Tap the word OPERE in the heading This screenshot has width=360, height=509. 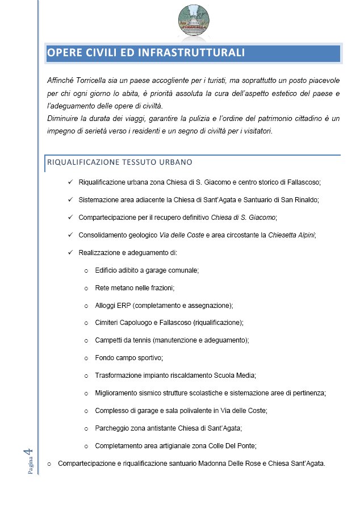[64, 53]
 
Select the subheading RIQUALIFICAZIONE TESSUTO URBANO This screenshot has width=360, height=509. [120, 162]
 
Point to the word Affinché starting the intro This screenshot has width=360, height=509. [61, 81]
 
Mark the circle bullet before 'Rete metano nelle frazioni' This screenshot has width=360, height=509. [86, 288]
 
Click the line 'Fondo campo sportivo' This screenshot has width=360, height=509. [129, 358]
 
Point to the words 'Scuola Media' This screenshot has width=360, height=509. [237, 376]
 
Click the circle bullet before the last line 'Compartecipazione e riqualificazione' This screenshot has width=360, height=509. [49, 464]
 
